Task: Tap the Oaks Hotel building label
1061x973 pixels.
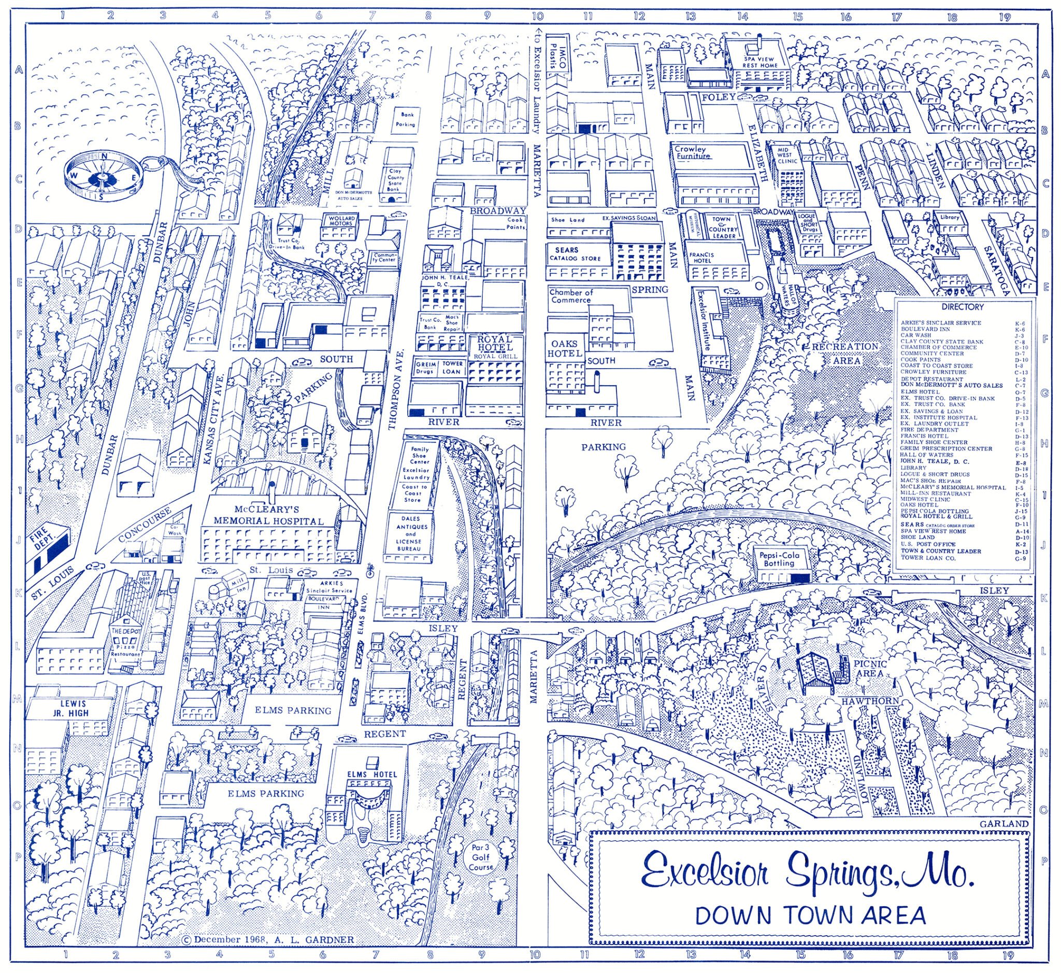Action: point(565,348)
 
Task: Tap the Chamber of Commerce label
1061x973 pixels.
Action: point(571,296)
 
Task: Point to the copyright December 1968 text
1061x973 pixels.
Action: point(267,939)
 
